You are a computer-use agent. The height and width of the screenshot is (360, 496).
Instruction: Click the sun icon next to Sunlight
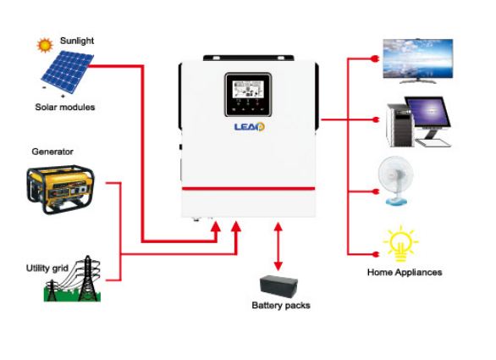pos(45,45)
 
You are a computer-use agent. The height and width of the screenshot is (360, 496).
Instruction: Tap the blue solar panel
pos(68,72)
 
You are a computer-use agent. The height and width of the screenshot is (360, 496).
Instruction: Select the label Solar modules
pos(65,108)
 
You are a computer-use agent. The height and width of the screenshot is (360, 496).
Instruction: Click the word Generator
pos(52,152)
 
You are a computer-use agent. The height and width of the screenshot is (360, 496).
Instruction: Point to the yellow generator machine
pos(61,189)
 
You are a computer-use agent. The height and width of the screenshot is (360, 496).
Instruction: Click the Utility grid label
pos(47,269)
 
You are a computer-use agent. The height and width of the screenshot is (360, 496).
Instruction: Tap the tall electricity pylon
pos(88,279)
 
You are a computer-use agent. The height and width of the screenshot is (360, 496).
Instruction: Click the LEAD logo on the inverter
pos(249,127)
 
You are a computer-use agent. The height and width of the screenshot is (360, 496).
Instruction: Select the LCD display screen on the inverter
pos(248,89)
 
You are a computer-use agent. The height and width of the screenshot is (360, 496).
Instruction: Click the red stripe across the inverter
pos(248,189)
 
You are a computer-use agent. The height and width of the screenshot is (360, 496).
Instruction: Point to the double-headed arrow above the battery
pos(278,246)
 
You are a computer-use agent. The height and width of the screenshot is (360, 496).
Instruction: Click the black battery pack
pos(278,286)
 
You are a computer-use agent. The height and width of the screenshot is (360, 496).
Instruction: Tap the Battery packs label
pos(281,306)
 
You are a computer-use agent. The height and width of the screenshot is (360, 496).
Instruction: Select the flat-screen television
pos(418,61)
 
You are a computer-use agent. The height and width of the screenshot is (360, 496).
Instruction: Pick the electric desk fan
pos(396,180)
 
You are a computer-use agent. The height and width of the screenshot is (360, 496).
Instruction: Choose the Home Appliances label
pos(405,272)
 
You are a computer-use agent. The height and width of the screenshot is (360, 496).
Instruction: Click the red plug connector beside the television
pos(375,59)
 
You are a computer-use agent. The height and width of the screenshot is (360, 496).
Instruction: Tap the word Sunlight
pos(77,41)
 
